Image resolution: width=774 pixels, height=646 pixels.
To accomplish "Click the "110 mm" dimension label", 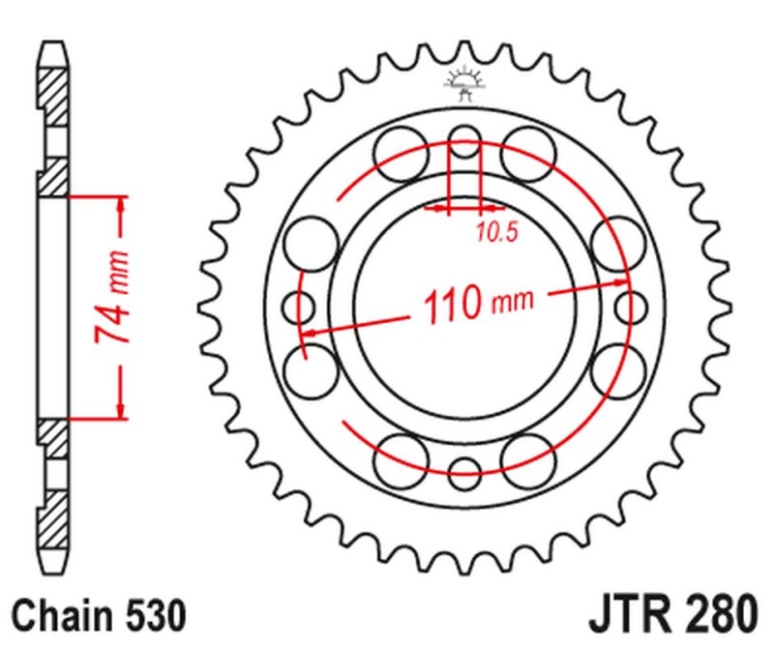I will (476, 304).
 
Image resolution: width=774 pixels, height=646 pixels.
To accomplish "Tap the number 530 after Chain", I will (151, 615).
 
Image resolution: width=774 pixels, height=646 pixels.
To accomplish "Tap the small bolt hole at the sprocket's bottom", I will (465, 473).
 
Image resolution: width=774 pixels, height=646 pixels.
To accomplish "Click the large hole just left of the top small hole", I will (401, 154).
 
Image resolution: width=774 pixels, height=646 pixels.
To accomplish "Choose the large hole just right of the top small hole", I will (530, 154).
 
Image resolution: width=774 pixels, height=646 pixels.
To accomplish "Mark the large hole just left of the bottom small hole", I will (401, 459).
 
